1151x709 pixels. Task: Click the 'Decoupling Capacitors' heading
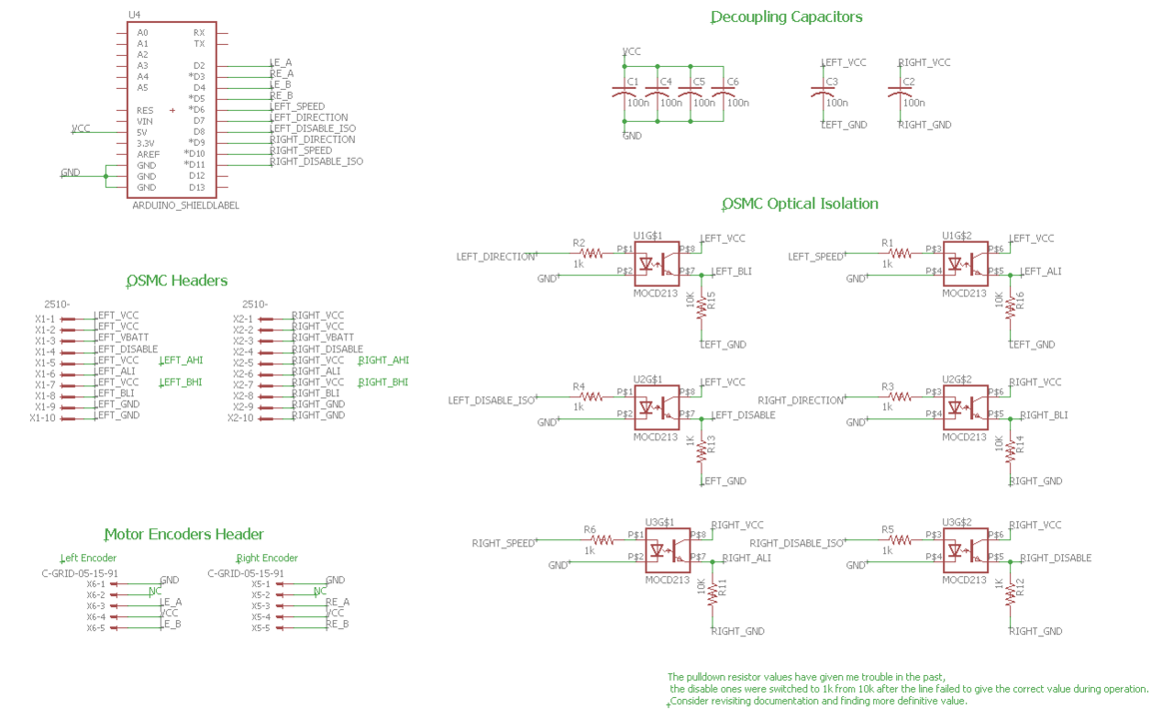(x=785, y=17)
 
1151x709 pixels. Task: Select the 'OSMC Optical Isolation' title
(x=799, y=204)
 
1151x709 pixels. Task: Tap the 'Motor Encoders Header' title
(x=184, y=534)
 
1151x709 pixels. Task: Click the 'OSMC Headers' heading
(x=177, y=281)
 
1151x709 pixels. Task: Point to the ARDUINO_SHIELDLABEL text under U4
(x=186, y=206)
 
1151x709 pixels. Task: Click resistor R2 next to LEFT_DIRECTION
(x=591, y=254)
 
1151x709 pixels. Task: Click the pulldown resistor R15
(x=701, y=304)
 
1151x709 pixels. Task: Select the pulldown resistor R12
(x=1011, y=591)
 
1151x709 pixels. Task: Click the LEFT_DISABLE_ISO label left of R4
(x=492, y=400)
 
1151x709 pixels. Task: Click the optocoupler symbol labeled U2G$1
(x=656, y=408)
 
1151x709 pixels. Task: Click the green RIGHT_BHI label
(x=383, y=382)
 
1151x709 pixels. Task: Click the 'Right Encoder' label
(x=267, y=558)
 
